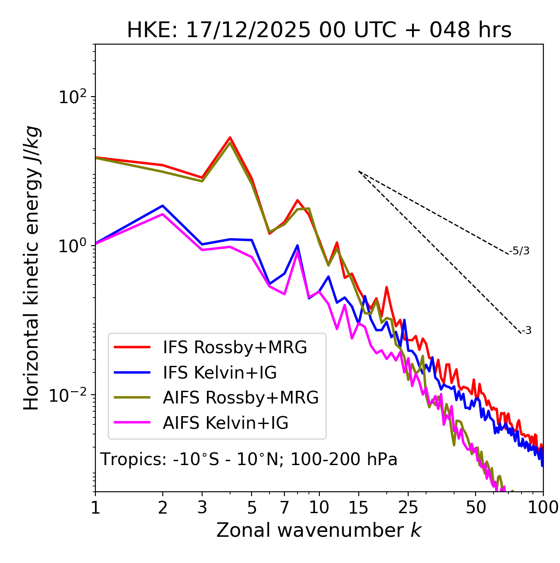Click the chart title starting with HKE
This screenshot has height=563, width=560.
pos(319,31)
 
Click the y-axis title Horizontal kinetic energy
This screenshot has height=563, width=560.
pos(31,268)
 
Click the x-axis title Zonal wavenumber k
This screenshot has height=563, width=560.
pos(318,530)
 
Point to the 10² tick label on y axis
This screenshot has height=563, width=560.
pos(72,97)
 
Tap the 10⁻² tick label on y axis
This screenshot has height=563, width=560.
pos(70,395)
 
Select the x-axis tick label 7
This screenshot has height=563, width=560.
pos(284,507)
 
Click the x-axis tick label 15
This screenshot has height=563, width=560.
pos(359,507)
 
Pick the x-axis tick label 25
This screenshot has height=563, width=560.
pos(408,507)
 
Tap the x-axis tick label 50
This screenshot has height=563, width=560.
pos(476,507)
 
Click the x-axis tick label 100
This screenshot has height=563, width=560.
pos(542,507)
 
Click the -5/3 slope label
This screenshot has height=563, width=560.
pos(519,251)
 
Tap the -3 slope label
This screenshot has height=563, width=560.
pos(526,331)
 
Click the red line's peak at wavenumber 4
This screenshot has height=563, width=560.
pos(230,138)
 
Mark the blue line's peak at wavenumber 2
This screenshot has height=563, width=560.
pos(163,205)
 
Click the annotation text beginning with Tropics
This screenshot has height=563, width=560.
pos(248,459)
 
